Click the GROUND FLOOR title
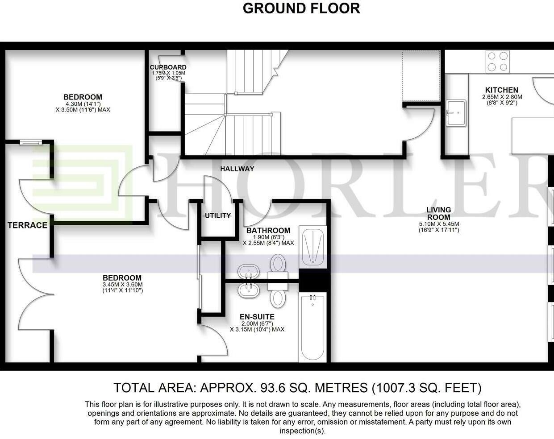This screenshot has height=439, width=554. coord(301,8)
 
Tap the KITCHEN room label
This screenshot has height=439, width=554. coord(502,90)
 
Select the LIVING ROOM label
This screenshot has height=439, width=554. coord(439,213)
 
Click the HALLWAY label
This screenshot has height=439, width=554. coord(237,169)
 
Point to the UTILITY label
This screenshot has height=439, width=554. coord(218,215)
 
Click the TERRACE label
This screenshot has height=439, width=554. coord(28,225)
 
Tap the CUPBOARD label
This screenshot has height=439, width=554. coord(168,67)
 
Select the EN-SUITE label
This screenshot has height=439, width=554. coord(257,316)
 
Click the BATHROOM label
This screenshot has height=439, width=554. coord(268,230)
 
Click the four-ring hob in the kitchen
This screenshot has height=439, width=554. coord(498,62)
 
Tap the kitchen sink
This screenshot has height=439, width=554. coord(456,113)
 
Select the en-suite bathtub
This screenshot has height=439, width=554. coord(312,327)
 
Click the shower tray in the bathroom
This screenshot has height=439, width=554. coord(312,247)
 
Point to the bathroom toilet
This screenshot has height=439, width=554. coord(278,268)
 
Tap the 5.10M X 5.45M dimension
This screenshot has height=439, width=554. coord(439,224)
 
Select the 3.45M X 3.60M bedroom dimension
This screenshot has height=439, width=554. coord(122,285)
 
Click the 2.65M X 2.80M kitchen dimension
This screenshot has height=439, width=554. coord(502,97)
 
